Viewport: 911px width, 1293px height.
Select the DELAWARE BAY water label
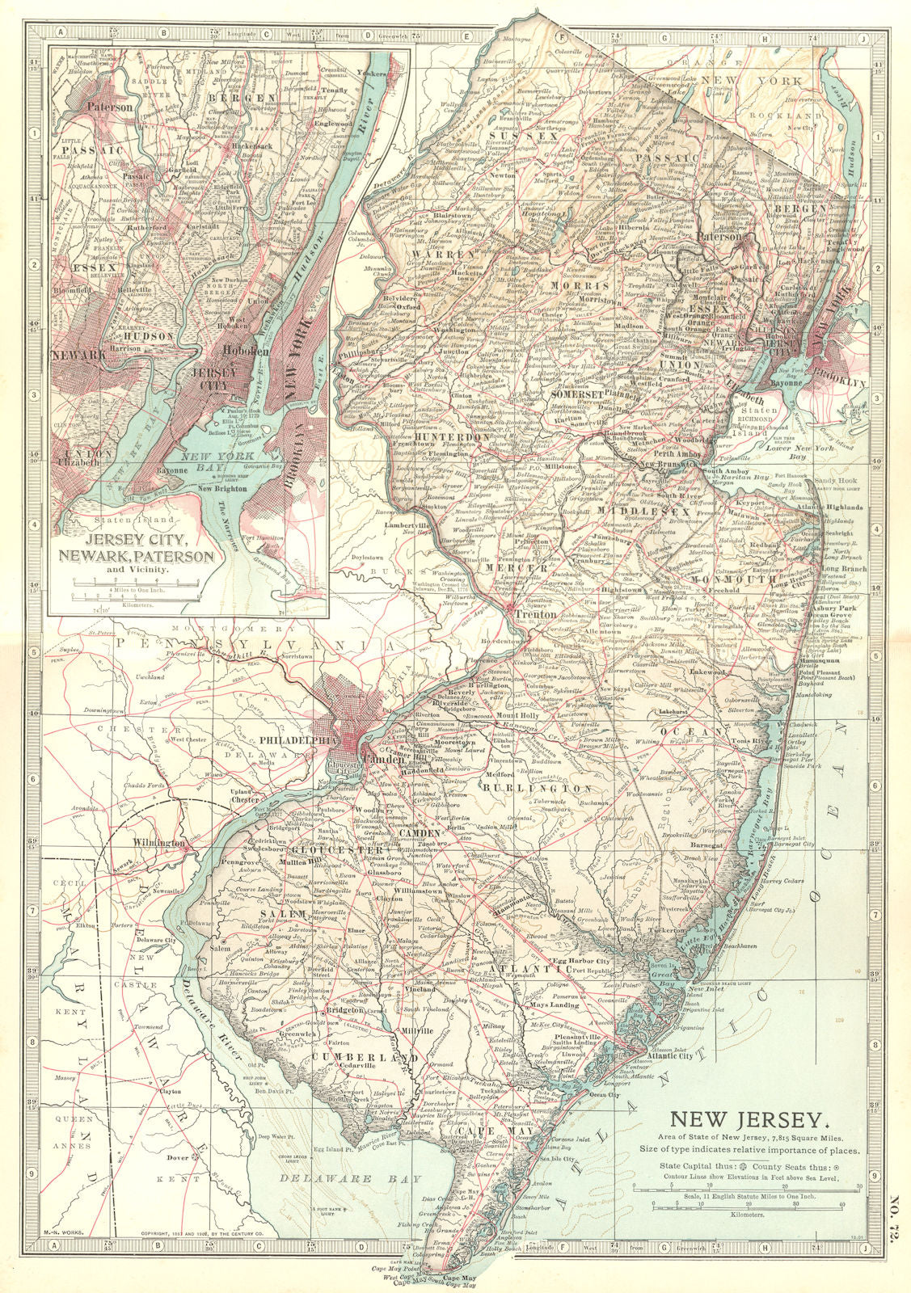coord(335,1179)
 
